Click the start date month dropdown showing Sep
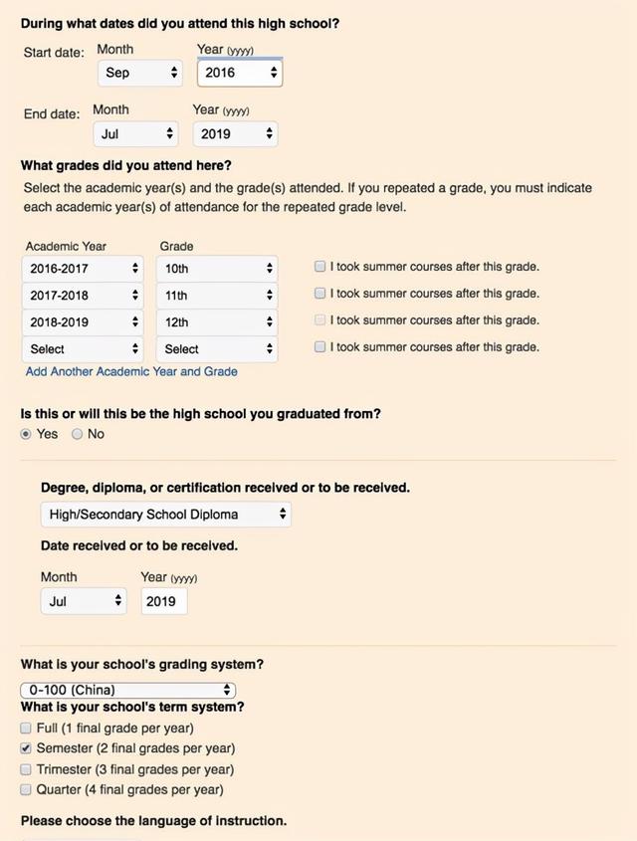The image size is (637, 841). (x=140, y=73)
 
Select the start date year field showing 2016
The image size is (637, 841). (x=239, y=73)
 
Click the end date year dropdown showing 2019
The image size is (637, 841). (x=235, y=133)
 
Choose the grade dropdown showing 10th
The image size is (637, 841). (x=216, y=269)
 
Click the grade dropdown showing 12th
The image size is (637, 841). (x=216, y=322)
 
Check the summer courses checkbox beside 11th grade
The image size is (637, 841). (x=319, y=294)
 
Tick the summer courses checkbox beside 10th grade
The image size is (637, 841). (x=319, y=267)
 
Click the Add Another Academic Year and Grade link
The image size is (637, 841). (x=131, y=371)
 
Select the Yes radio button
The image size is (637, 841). (x=27, y=434)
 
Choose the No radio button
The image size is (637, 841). (x=77, y=434)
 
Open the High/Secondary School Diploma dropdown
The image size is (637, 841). (x=166, y=515)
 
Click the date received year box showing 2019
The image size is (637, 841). (x=163, y=601)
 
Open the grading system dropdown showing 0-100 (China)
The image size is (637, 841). (x=128, y=690)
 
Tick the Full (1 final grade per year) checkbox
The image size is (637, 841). (x=26, y=728)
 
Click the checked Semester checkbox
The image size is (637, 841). (x=26, y=748)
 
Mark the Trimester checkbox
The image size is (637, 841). (x=26, y=769)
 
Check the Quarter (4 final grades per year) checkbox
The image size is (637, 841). (x=26, y=789)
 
